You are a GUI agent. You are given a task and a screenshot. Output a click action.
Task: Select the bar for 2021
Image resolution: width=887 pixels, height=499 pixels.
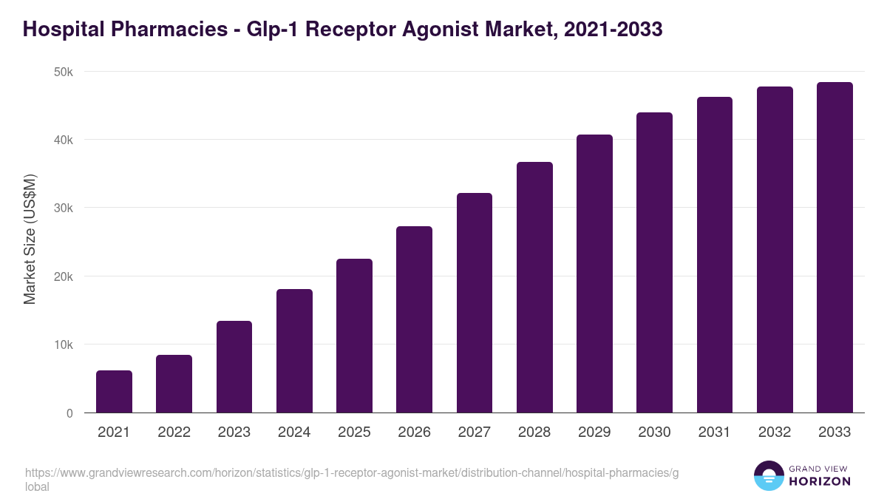114,392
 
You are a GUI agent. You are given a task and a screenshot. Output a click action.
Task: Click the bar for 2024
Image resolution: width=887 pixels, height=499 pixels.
294,351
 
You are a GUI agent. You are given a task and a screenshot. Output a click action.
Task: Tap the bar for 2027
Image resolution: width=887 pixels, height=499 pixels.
475,303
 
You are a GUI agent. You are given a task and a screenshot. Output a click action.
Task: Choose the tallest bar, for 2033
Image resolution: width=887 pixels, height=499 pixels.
835,248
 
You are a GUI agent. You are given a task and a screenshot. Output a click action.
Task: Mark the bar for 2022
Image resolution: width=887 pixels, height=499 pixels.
174,384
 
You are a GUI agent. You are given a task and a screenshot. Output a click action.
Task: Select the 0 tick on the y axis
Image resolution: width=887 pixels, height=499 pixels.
69,413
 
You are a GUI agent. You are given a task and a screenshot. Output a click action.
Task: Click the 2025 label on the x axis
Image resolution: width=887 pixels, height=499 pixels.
354,432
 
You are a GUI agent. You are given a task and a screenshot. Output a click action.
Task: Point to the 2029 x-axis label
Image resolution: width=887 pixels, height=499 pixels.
594,432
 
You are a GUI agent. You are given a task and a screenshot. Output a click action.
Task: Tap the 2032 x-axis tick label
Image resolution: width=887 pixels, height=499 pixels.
775,432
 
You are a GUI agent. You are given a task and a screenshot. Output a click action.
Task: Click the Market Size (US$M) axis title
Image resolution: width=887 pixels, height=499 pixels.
30,240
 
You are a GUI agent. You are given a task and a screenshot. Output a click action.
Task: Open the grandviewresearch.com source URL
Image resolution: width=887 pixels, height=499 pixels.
351,473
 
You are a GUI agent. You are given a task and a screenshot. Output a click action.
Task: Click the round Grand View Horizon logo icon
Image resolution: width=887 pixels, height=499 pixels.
768,475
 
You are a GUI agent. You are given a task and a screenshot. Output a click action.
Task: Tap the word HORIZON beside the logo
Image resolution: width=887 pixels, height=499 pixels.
820,481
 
